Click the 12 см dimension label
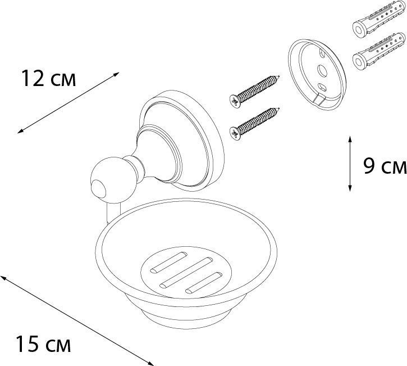pos(48,78)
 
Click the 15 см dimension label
pos(43,344)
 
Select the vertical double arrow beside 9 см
pos(350,164)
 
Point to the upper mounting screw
pos(254,92)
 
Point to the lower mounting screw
pos(254,124)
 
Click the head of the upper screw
pos(235,101)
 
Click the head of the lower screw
pos(235,133)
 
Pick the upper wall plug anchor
pos(379,20)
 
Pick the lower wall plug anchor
pos(379,52)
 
